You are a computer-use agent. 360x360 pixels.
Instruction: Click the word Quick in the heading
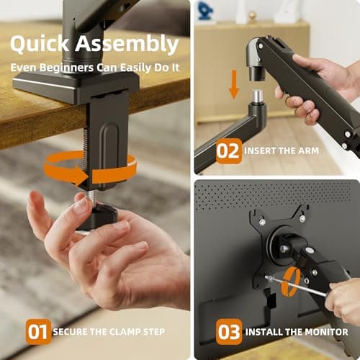[39, 44]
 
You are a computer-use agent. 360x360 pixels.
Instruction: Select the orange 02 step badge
[229, 151]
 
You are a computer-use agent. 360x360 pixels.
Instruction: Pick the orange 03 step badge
[229, 332]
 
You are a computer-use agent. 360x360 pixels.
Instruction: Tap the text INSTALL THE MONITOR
[297, 332]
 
